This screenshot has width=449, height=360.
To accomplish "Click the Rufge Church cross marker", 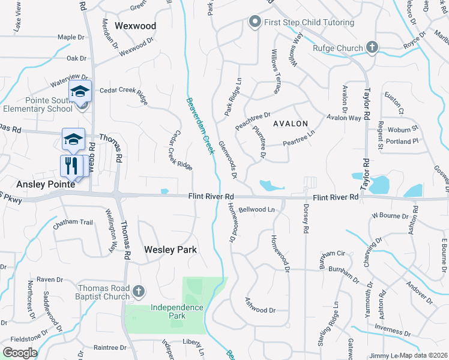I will [372, 48].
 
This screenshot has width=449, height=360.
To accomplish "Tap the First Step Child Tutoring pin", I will [255, 23].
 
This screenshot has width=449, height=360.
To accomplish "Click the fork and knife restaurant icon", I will [71, 165].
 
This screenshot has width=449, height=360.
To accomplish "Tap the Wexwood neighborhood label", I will [135, 26].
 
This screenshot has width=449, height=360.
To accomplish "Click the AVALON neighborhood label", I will [291, 124].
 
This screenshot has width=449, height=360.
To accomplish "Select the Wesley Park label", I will [170, 249].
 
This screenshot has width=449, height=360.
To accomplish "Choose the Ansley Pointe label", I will [37, 185].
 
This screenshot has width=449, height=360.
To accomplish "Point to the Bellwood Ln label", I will [256, 210].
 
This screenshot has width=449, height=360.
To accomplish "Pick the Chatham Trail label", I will [73, 223].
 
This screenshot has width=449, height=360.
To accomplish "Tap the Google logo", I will [20, 353].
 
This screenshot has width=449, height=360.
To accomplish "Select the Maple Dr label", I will [71, 37].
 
